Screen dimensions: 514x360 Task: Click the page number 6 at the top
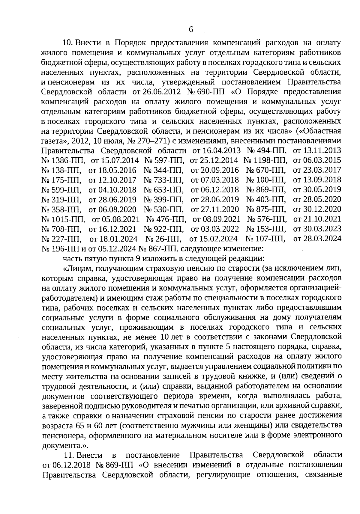click(x=191, y=30)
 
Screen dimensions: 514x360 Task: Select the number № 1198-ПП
click(x=265, y=161)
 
